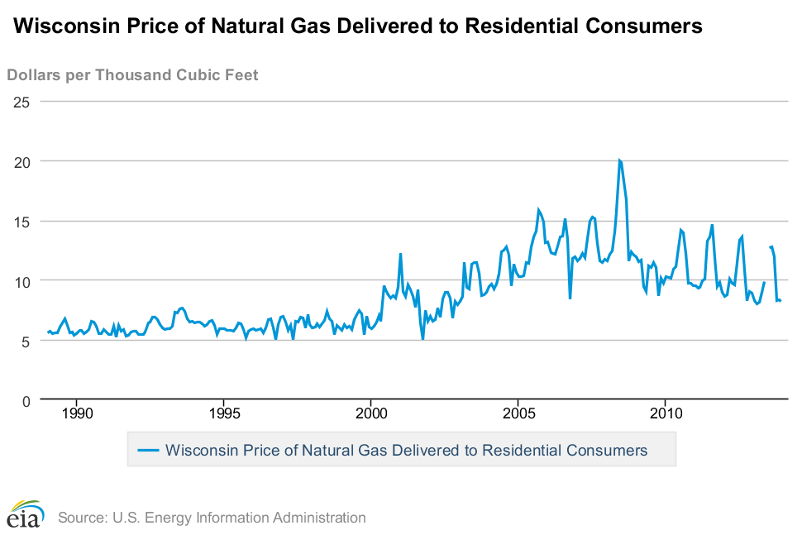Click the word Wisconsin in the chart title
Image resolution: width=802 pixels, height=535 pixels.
(56, 26)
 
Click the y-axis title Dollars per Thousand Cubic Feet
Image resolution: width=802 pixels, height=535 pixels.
(132, 75)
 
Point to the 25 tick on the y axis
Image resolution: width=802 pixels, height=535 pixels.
(21, 102)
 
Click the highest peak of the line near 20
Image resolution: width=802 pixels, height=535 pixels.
(619, 160)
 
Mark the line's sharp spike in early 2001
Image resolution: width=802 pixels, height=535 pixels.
(400, 254)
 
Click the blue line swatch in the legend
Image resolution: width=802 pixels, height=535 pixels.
(148, 450)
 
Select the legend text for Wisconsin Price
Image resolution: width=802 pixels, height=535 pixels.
(406, 450)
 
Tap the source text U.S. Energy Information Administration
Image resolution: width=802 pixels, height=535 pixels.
(212, 518)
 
